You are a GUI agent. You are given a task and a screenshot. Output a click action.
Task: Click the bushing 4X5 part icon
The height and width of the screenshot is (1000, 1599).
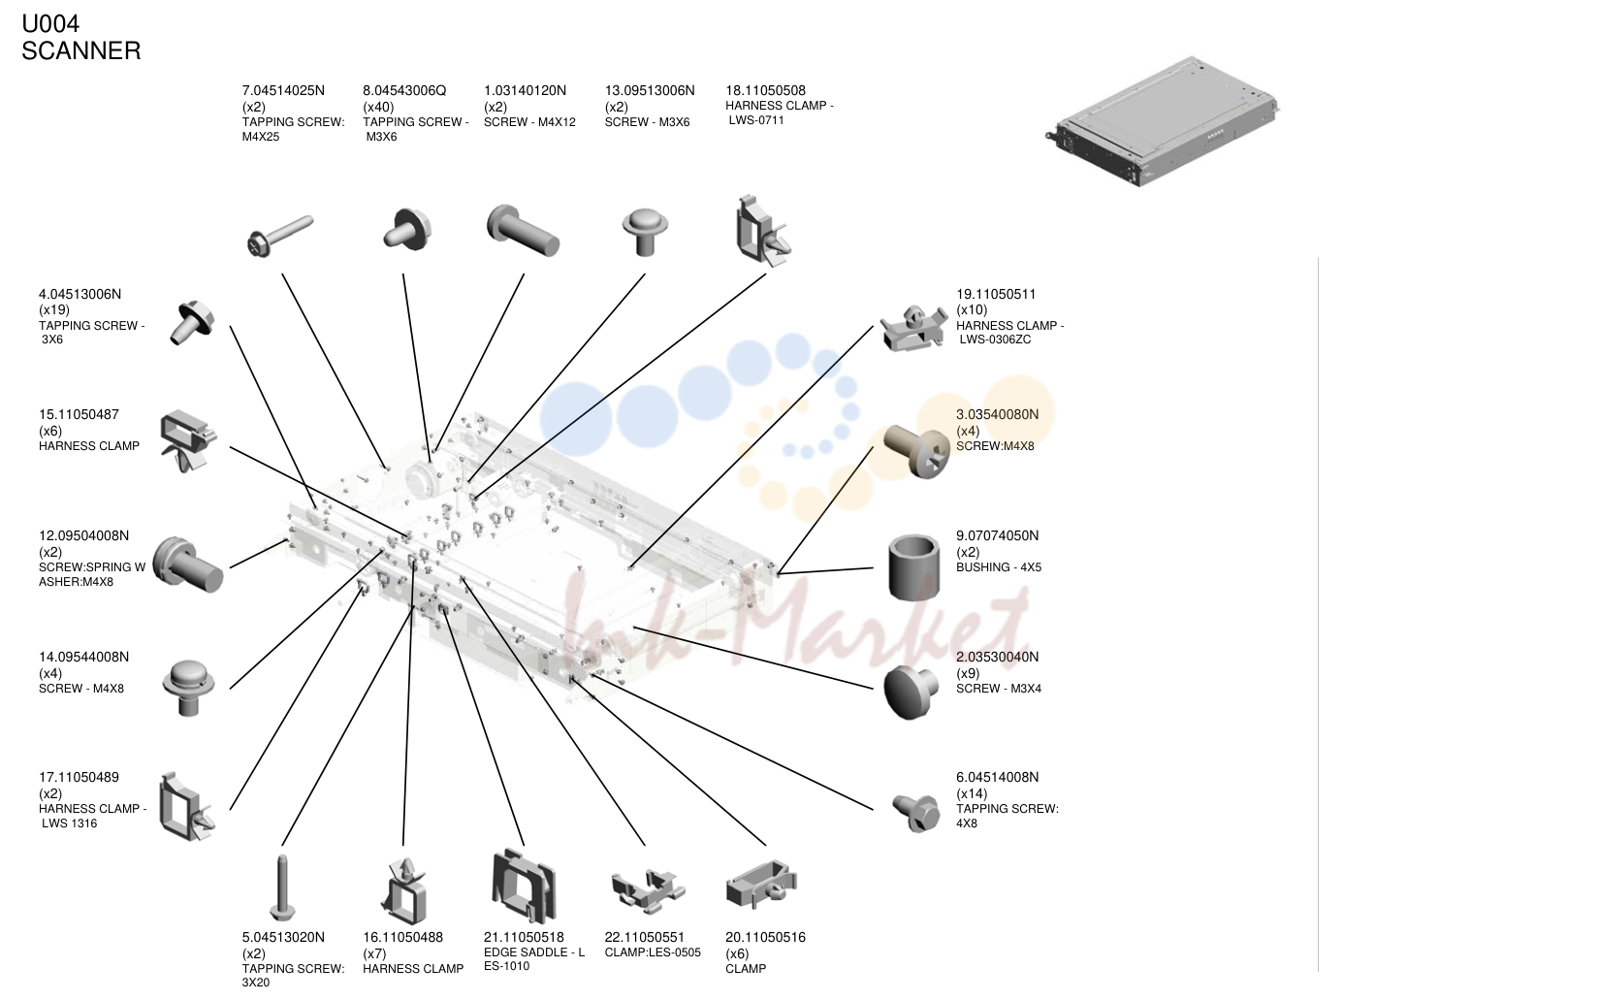[x=913, y=567]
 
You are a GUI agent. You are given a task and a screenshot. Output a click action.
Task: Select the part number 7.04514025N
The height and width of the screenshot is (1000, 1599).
[x=283, y=90]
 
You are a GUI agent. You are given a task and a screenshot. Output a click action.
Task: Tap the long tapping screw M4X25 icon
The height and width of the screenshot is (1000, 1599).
[x=279, y=237]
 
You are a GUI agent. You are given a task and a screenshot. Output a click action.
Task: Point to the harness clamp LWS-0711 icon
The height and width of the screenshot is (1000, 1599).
[x=763, y=231]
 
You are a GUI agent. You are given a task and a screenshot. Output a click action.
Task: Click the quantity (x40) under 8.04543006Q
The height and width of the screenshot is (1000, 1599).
[x=378, y=107]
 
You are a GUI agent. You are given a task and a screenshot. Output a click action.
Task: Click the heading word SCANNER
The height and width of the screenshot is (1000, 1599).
[x=81, y=50]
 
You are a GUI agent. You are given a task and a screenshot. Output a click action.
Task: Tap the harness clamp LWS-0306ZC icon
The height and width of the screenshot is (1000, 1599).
[x=913, y=328]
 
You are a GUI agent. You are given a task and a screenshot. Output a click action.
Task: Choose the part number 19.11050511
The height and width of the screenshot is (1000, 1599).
[x=996, y=294]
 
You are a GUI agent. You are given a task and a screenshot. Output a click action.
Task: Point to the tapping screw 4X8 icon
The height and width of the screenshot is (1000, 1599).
[x=916, y=812]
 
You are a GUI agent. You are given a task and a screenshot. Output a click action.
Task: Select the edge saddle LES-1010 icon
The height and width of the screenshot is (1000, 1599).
[x=524, y=886]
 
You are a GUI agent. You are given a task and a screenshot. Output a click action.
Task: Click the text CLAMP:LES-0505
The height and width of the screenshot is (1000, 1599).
[x=653, y=952]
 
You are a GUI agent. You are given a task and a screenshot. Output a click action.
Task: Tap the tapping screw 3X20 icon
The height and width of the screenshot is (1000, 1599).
[x=282, y=887]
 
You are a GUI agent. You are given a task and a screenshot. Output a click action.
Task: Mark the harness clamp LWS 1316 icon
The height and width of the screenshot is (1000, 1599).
[x=186, y=806]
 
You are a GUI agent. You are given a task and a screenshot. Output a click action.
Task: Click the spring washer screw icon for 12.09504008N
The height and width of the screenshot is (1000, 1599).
[x=188, y=564]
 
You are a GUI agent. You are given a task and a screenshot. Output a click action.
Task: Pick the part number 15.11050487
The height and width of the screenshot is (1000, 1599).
[x=79, y=415]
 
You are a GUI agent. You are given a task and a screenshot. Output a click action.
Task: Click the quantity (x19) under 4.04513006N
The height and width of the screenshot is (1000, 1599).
[x=54, y=309]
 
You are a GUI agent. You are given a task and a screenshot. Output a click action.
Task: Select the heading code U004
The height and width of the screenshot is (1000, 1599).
[x=50, y=23]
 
